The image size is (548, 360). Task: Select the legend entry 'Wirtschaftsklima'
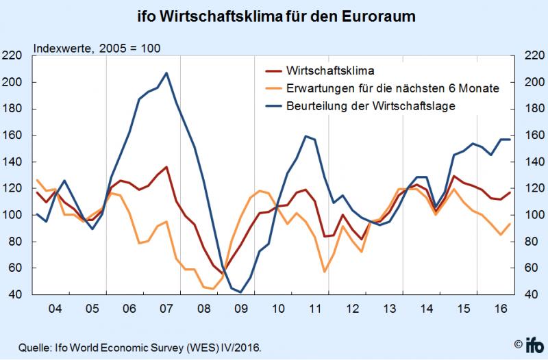(328, 70)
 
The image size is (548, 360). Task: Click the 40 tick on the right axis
(532, 295)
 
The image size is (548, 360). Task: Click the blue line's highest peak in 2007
(166, 73)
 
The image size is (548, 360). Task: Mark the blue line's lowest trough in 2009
(240, 292)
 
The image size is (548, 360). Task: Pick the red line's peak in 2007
(166, 167)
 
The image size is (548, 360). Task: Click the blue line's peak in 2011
(305, 136)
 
